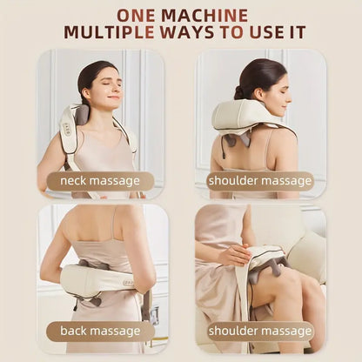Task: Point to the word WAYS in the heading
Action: tap(197, 33)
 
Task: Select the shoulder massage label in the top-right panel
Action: tap(259, 181)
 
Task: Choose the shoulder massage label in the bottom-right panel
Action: tap(259, 331)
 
